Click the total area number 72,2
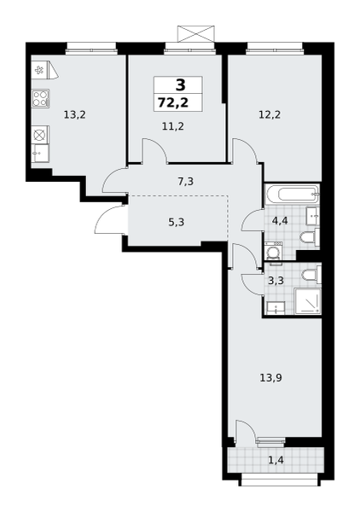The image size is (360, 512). click(173, 102)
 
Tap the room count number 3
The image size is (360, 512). click(180, 85)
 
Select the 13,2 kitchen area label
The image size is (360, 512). click(75, 114)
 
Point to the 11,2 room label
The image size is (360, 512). click(173, 125)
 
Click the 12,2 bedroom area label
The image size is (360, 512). click(270, 114)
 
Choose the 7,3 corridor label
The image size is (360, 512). click(186, 181)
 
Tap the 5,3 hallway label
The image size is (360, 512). click(177, 223)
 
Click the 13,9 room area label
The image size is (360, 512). click(271, 378)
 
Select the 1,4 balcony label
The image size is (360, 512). click(276, 461)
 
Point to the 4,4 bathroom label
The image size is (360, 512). click(280, 221)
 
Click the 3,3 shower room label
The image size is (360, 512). click(276, 281)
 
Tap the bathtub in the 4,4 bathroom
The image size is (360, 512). click(292, 195)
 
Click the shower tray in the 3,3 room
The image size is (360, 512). click(307, 300)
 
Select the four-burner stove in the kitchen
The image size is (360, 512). click(41, 98)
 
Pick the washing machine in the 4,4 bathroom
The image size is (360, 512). click(273, 251)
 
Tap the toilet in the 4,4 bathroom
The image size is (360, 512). click(310, 237)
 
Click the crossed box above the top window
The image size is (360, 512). click(196, 33)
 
